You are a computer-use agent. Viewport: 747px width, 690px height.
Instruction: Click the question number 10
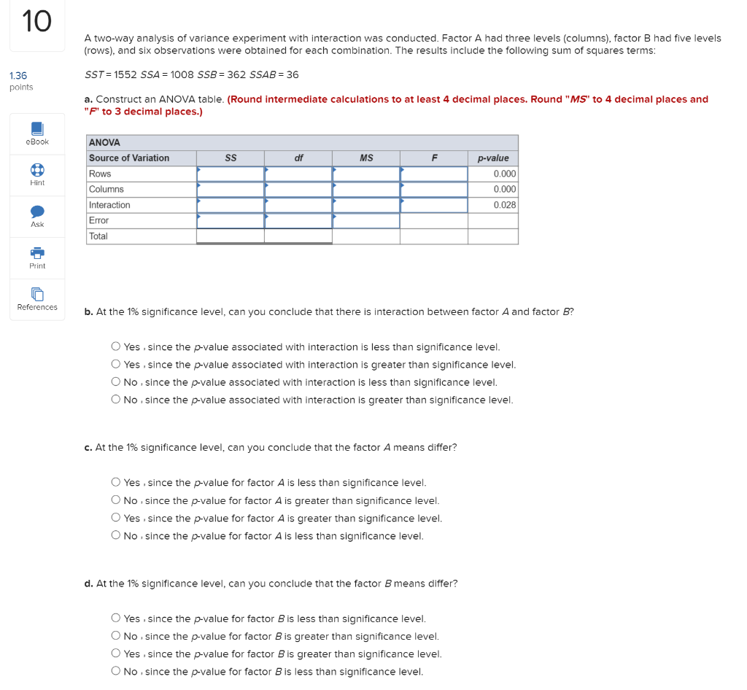[x=36, y=21]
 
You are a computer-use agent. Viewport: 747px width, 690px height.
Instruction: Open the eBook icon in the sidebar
[x=37, y=128]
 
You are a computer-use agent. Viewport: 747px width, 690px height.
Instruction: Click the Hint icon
[x=37, y=169]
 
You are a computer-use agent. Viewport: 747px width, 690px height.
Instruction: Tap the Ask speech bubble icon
[x=37, y=211]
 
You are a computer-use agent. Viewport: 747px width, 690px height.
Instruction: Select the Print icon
[x=37, y=252]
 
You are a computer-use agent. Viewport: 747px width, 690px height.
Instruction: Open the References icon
[x=37, y=294]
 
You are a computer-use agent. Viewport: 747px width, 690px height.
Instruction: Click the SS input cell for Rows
[x=230, y=174]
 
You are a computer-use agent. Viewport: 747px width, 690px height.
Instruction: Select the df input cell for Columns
[x=298, y=190]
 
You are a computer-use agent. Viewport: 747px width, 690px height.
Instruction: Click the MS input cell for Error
[x=365, y=220]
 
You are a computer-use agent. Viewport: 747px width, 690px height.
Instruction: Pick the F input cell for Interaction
[x=433, y=205]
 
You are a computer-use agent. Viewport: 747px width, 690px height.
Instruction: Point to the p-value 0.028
[x=504, y=205]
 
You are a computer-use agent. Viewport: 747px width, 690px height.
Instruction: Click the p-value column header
[x=493, y=158]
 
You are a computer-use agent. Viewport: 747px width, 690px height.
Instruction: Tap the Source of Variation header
[x=129, y=158]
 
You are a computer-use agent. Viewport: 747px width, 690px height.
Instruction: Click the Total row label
[x=98, y=236]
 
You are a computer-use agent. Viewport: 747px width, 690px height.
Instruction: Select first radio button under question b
[x=116, y=347]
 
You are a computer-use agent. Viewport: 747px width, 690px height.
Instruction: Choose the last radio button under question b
[x=116, y=400]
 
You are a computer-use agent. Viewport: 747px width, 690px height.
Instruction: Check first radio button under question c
[x=116, y=483]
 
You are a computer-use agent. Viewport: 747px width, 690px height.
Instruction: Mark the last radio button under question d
[x=116, y=672]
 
